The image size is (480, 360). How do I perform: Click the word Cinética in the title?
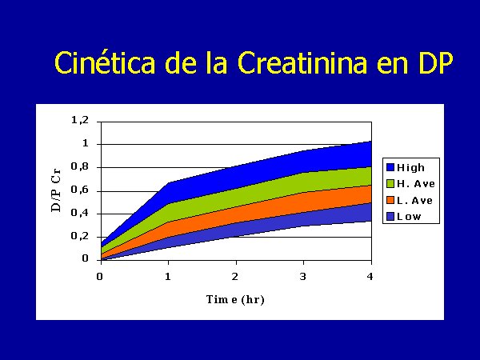(x=105, y=62)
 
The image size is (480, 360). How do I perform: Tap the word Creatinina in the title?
(x=302, y=62)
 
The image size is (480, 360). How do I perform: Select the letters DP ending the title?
(x=436, y=62)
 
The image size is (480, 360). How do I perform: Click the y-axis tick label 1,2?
(x=80, y=120)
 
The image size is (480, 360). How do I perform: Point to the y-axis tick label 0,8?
(x=80, y=167)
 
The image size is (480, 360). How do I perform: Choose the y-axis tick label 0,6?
(x=80, y=190)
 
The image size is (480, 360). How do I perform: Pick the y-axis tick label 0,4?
(x=80, y=213)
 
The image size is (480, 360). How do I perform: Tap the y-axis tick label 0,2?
(x=80, y=236)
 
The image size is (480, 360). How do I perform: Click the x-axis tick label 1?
(x=168, y=277)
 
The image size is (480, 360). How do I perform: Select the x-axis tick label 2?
(x=235, y=277)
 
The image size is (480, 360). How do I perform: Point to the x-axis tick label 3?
(x=302, y=277)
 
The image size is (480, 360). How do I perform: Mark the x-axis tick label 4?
(x=370, y=277)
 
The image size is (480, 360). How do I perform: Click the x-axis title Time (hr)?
(x=235, y=299)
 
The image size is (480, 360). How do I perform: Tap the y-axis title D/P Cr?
(x=56, y=190)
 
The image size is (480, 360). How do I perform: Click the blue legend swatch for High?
(x=390, y=167)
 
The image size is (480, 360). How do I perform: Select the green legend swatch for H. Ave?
(x=390, y=184)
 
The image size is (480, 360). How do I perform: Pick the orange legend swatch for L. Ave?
(x=390, y=200)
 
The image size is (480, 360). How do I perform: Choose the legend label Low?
(x=409, y=217)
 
